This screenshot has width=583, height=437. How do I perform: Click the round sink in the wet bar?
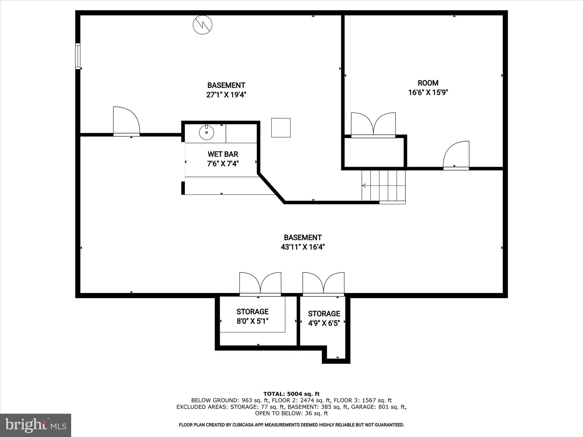pos(206,133)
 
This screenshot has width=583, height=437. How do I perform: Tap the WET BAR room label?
pos(223,154)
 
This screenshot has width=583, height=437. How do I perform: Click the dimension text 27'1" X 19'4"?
pos(226,95)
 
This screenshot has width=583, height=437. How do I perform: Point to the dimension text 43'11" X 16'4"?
pos(303,247)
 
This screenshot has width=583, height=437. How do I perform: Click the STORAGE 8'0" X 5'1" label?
pos(253,316)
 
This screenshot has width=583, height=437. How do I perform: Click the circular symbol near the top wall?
pos(203,25)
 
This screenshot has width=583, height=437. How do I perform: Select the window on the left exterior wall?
pos(78,56)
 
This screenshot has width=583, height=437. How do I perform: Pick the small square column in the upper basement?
pos(281,128)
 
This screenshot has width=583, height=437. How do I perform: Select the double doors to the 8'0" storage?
pos(260,283)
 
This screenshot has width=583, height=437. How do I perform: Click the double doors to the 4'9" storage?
pos(323,283)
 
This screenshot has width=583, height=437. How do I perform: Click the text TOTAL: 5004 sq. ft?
pos(291,394)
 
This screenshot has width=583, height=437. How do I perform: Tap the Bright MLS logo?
pos(36,425)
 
